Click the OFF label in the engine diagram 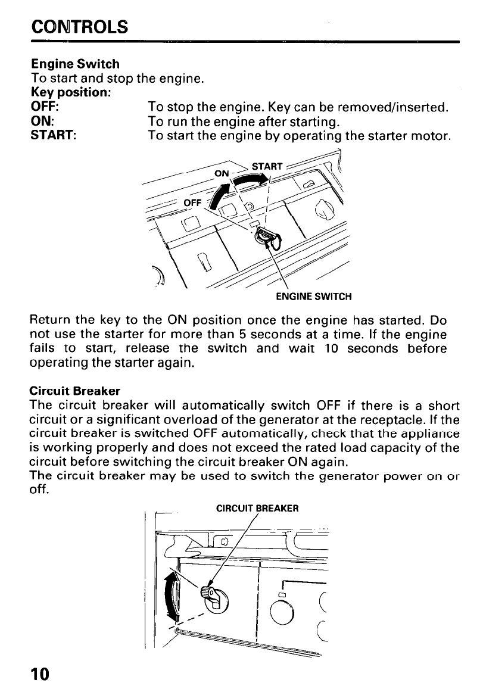pyautogui.click(x=192, y=202)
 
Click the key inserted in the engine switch pyautogui.click(x=266, y=238)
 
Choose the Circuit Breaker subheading pyautogui.click(x=74, y=391)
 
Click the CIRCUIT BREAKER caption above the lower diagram pyautogui.click(x=257, y=508)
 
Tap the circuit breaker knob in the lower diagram pyautogui.click(x=209, y=595)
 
